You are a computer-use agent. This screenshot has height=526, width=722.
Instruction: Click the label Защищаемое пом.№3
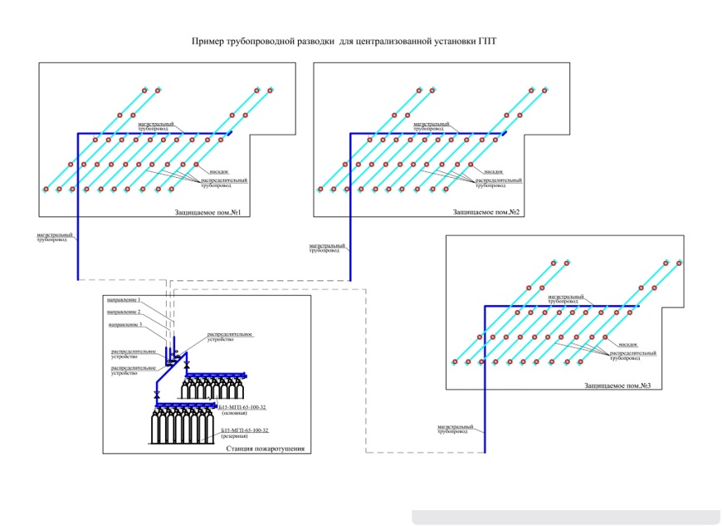pos(617,386)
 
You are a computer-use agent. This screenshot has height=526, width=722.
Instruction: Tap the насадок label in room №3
pos(627,344)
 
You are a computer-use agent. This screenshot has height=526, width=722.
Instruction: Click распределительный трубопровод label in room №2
pos(499,182)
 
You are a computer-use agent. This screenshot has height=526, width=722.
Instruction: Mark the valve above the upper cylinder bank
pos(188,366)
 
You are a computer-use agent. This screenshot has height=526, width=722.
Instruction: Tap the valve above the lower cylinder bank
pos(157,393)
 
